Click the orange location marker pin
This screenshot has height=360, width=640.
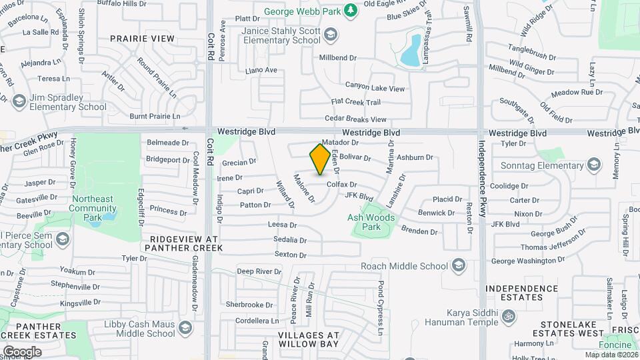coord(320,159)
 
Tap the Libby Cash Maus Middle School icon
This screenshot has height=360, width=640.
coord(186,327)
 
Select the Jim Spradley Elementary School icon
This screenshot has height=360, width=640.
coord(19,101)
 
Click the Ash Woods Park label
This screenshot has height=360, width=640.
coord(371,222)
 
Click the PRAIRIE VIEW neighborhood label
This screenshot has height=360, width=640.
coord(142,39)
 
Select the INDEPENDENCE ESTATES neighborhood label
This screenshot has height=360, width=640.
coord(521,293)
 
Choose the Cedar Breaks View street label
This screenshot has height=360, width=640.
coord(355,119)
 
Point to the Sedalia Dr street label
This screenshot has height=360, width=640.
coord(289,240)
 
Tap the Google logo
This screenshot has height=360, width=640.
coord(21,351)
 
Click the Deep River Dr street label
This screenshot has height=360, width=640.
coord(259,271)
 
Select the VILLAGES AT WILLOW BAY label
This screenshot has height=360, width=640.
coord(308,340)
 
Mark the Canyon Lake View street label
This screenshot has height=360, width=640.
coord(375,88)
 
